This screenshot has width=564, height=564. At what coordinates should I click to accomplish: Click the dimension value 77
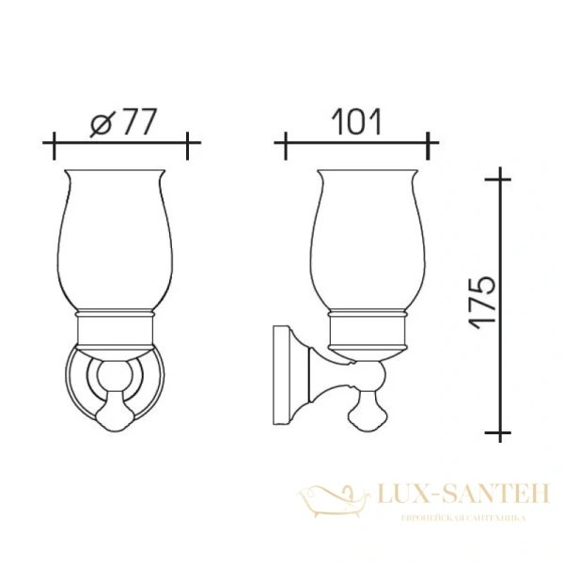135,123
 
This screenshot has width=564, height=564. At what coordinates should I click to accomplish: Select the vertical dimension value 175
482,302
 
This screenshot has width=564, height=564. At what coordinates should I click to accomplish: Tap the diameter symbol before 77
102,124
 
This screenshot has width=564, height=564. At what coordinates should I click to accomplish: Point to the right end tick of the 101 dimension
431,145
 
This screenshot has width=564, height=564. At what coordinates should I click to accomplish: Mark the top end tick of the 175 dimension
501,177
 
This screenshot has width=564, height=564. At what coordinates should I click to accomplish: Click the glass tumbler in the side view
365,240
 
